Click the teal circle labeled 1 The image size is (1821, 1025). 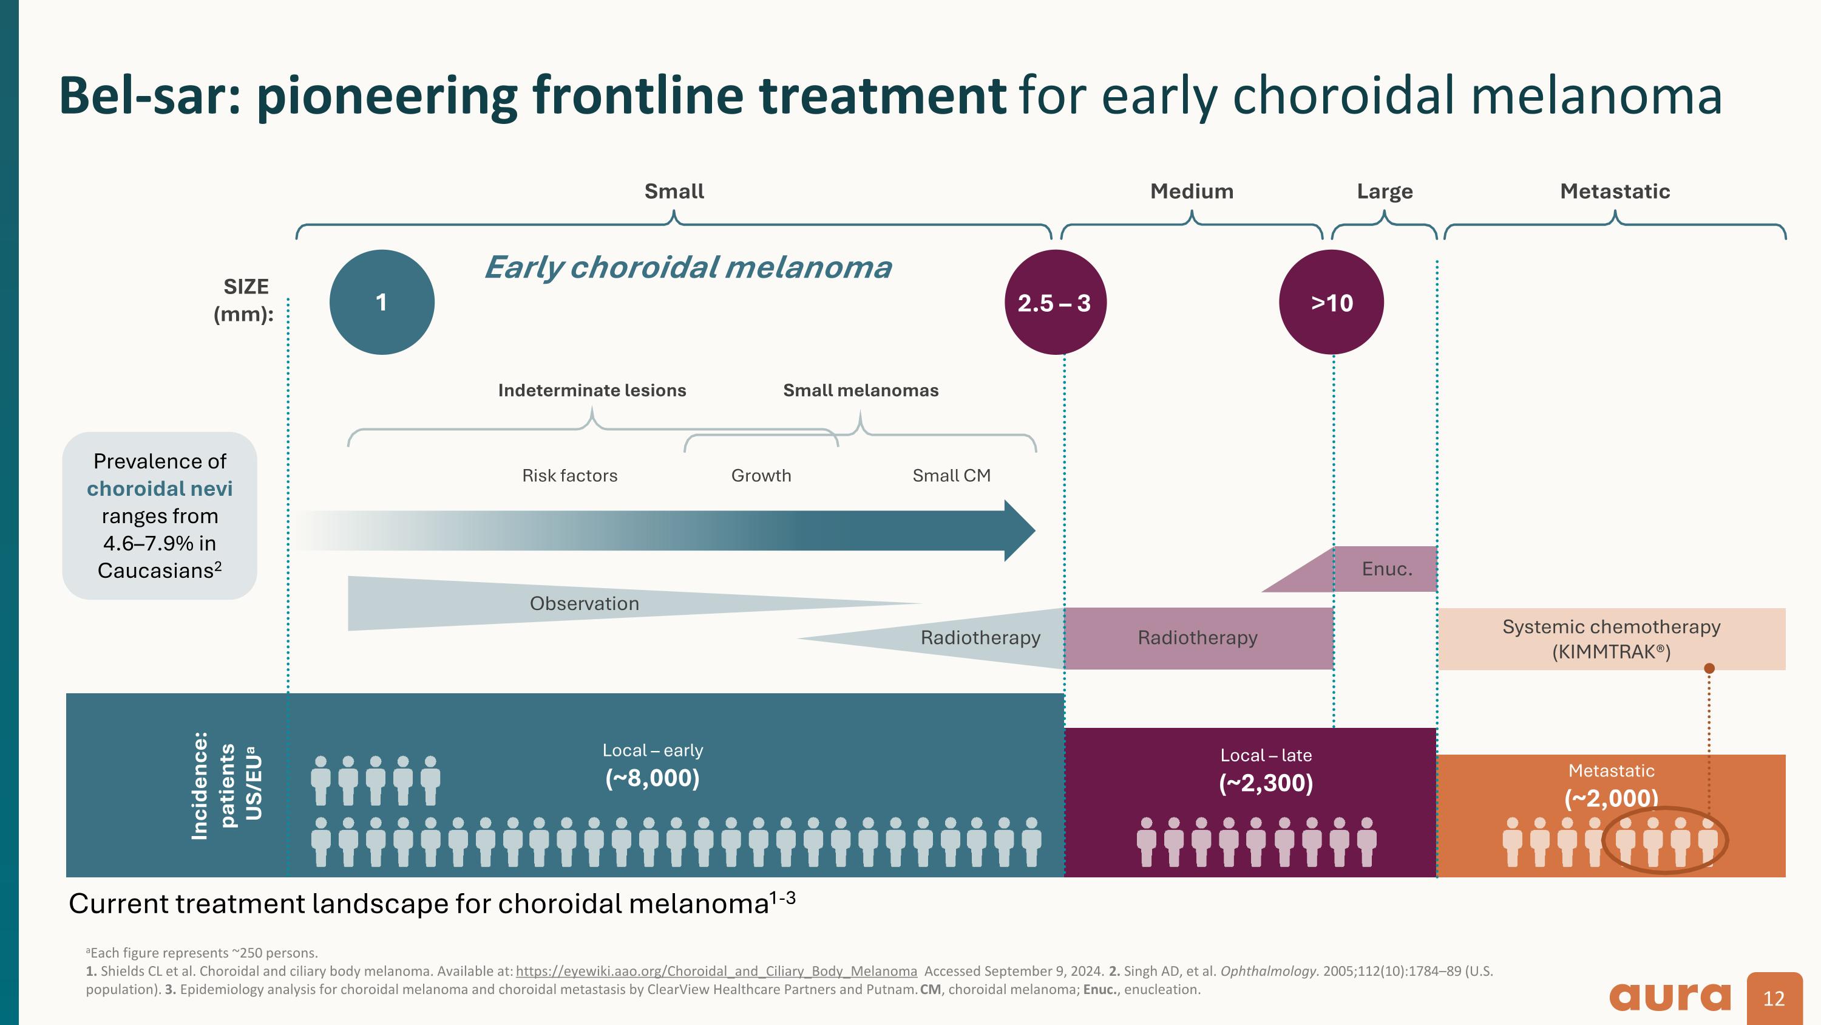pos(382,302)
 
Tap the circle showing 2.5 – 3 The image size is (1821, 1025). pos(1055,303)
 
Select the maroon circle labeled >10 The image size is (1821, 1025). pos(1331,303)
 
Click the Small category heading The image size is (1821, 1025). pos(674,191)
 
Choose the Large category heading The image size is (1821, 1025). pos(1384,191)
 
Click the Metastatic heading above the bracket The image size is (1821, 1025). pos(1615,191)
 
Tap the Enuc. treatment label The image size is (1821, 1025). pos(1386,569)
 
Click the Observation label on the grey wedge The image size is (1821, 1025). pos(584,603)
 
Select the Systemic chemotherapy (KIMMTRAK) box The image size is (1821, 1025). pos(1611,639)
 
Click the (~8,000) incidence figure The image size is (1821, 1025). pos(652,778)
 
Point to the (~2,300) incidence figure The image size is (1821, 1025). pos(1266,783)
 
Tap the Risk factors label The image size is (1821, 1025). pos(569,475)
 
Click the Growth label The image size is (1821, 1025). pos(761,475)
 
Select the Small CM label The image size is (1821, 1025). pos(951,475)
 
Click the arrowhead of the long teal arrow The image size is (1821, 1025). pos(1019,530)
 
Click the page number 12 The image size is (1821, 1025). pos(1774,998)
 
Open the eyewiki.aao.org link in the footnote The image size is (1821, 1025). pos(716,972)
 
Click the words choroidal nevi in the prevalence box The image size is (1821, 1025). pos(159,489)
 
